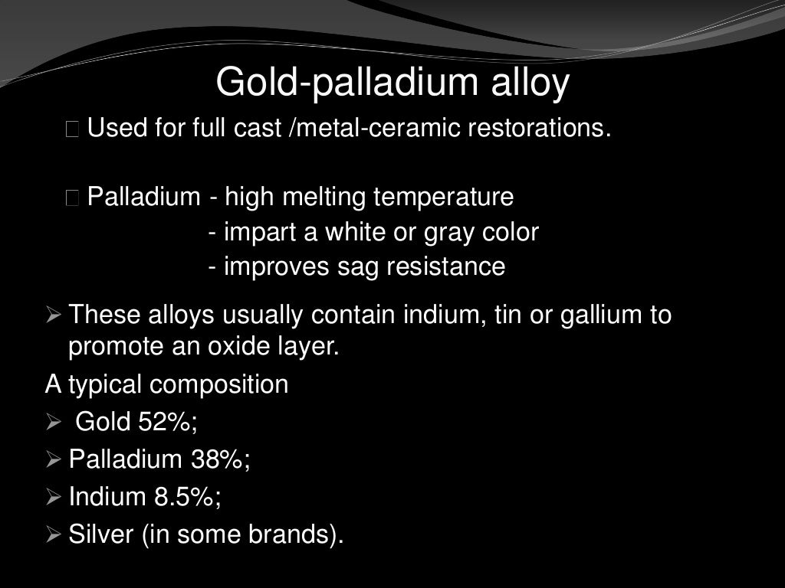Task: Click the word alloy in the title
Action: (530, 83)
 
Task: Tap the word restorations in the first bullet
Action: (540, 128)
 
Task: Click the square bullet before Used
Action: (73, 129)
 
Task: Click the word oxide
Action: (238, 347)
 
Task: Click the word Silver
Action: (101, 534)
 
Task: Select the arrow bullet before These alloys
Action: (53, 315)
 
